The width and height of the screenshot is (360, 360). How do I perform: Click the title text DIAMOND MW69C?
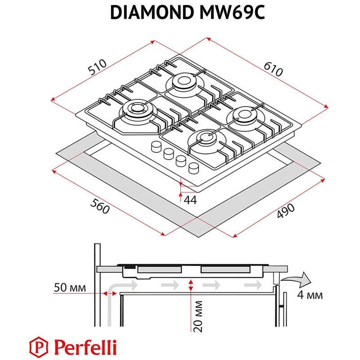(x=180, y=13)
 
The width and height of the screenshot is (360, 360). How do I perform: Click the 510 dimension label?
(x=97, y=67)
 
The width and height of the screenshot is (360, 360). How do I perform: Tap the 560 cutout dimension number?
(x=99, y=208)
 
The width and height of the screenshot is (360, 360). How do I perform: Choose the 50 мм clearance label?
(x=69, y=287)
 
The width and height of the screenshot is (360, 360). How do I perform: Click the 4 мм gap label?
(x=310, y=296)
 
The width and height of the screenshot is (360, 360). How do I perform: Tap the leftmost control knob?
(x=157, y=146)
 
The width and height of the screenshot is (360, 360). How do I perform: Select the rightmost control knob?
(x=194, y=167)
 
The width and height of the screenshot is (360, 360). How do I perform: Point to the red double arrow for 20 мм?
(x=192, y=285)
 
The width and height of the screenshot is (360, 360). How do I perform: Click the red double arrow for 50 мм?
(x=108, y=293)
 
